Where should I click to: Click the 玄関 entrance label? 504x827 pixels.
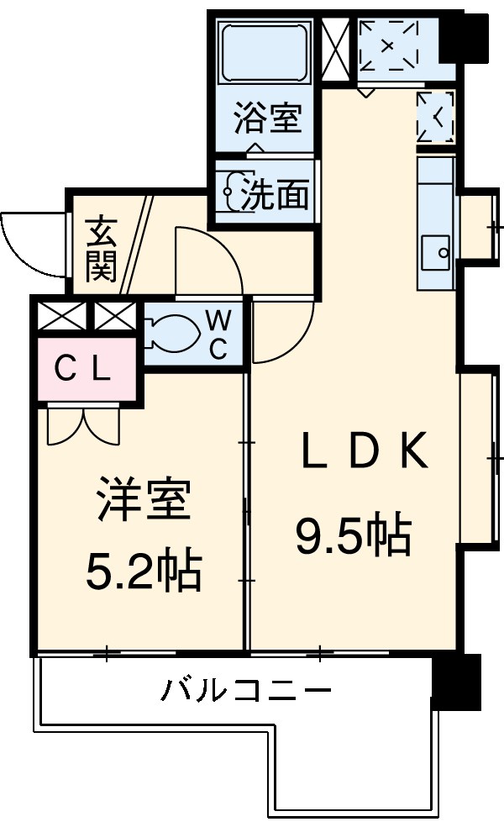tap(101, 249)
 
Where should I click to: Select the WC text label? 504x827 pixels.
tap(218, 334)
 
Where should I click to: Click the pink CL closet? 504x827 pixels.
tap(84, 368)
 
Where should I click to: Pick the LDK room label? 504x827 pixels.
tap(365, 455)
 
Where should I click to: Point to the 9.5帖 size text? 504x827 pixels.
tap(352, 533)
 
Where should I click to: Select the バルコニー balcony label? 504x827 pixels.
tap(246, 693)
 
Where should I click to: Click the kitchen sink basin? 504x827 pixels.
tap(437, 250)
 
